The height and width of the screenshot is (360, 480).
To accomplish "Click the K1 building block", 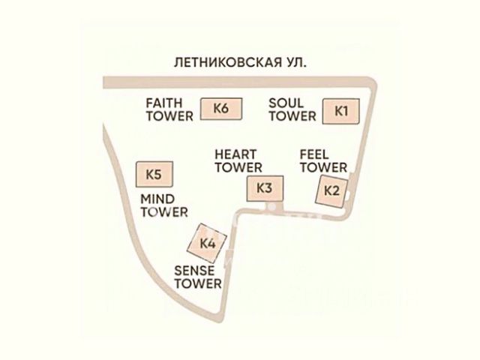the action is tap(341, 111).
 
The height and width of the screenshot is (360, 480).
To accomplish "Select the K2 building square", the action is tap(332, 191).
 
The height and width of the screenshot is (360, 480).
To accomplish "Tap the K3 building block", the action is tap(265, 188).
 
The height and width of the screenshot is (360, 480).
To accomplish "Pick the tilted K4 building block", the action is tap(207, 243).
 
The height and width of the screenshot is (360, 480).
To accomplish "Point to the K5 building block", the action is tap(154, 175).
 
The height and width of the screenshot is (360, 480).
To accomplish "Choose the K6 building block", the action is tap(221, 109).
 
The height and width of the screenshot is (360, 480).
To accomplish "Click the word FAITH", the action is tap(164, 103).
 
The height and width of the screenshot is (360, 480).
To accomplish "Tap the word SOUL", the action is tap(286, 103).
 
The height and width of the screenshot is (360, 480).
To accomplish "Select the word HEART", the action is tap(235, 154).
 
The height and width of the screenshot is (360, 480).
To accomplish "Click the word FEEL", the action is tap(314, 154).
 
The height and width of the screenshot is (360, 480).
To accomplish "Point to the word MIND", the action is tap(157, 199).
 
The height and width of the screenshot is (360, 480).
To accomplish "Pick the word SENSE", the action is tap(194, 271).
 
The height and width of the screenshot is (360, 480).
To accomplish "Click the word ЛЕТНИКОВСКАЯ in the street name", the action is tap(228, 62).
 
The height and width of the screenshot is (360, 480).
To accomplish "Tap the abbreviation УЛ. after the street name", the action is tap(296, 62).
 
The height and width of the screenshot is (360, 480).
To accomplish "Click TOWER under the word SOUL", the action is tap(292, 116).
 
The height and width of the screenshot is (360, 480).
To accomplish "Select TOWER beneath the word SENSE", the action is tap(198, 283).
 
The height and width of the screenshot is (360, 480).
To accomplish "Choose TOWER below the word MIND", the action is tap(164, 212).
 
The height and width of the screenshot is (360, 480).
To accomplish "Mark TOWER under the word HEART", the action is tap(238, 168).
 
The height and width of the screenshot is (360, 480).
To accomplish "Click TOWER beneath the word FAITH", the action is tap(169, 116).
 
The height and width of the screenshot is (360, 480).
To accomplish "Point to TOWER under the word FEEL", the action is tap(323, 168).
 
